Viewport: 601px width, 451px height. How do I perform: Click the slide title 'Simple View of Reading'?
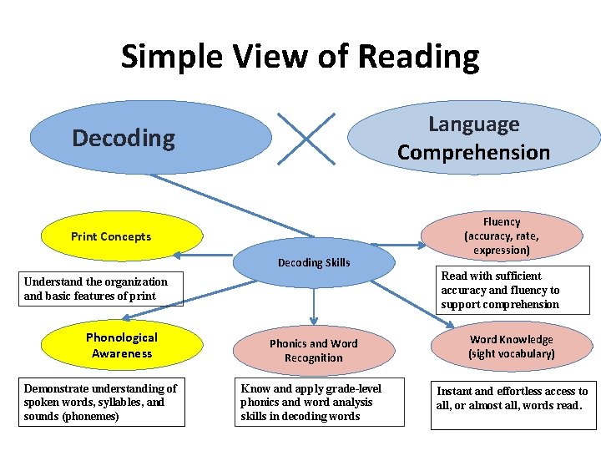(x=300, y=57)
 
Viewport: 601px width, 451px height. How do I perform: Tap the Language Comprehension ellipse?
(x=473, y=138)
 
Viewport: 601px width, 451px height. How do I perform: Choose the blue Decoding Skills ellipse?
(x=314, y=263)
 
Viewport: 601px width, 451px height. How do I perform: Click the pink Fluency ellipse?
(x=501, y=236)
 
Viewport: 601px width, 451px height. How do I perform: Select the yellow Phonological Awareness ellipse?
(x=122, y=345)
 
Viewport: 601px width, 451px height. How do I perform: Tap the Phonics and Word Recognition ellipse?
(x=313, y=351)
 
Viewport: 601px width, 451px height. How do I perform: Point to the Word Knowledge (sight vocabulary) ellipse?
(x=511, y=347)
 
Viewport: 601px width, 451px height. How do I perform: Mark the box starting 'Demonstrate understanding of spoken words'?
(x=101, y=403)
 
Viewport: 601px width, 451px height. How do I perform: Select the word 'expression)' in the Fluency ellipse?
(x=501, y=251)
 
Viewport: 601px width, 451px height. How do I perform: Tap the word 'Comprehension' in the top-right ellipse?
(x=473, y=152)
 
